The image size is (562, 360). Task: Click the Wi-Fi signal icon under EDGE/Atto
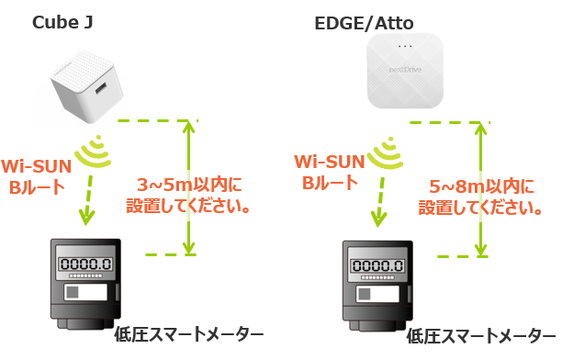pyautogui.click(x=388, y=152)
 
